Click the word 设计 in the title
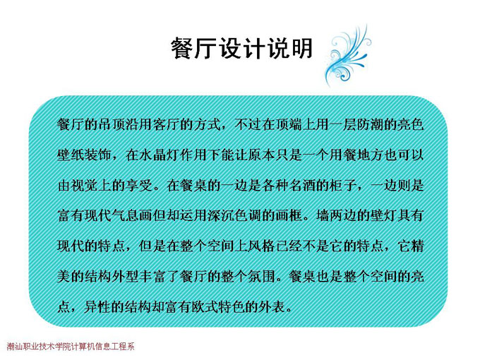coord(242,49)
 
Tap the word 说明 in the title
coord(290,49)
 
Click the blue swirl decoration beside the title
coord(347,55)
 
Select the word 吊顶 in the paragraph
coord(111,125)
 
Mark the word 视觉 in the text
coord(84,186)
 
